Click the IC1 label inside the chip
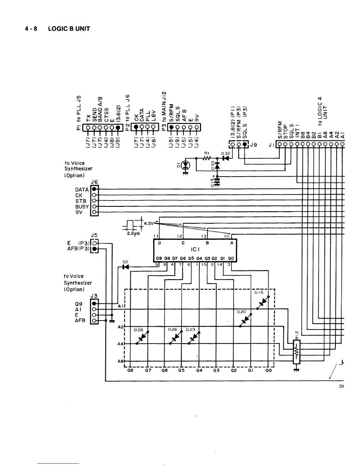pos(195,249)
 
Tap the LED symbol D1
pos(186,165)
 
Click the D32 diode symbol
pos(226,158)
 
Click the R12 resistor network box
pos(296,352)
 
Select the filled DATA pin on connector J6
pos(94,189)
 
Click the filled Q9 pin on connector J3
pos(94,304)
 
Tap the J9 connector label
pos(254,145)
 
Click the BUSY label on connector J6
pos(82,207)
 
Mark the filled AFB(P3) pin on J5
pos(94,249)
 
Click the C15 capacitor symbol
pos(217,181)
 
